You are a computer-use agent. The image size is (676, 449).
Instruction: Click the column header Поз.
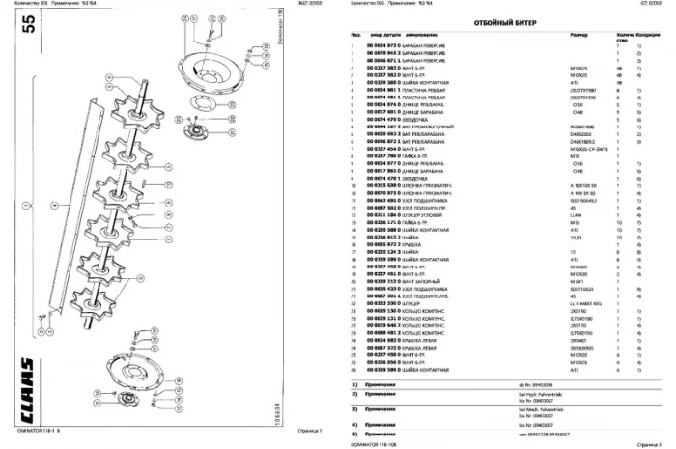click(355, 36)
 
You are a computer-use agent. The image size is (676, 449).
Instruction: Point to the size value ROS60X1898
click(530, 126)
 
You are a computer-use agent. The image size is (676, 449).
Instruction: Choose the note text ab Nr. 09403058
click(536, 384)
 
